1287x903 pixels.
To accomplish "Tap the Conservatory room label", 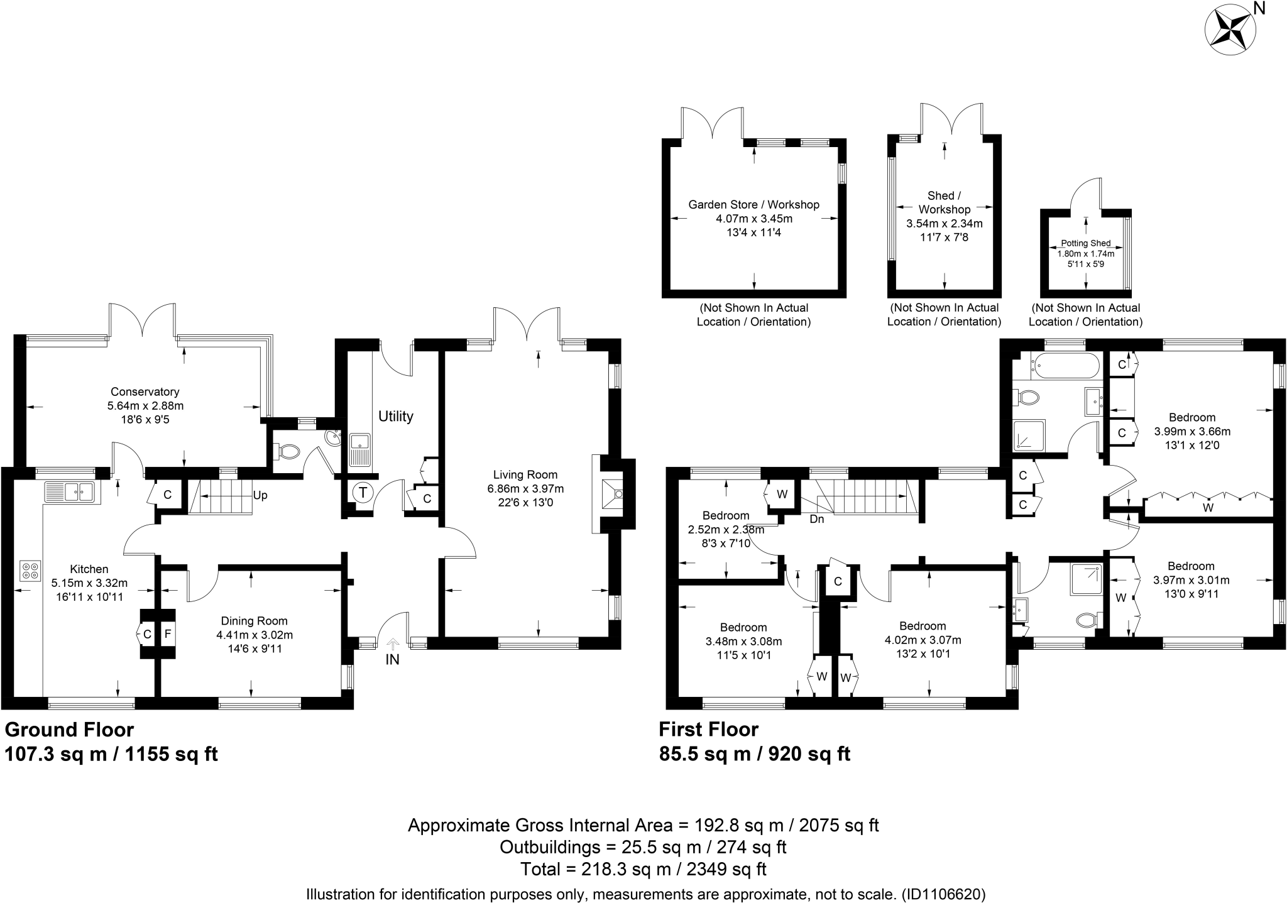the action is tap(145, 391).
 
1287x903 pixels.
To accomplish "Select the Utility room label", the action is tap(396, 416).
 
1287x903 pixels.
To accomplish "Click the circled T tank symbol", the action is tap(363, 493).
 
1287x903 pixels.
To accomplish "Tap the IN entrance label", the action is tap(393, 660).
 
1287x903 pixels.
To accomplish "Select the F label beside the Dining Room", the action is tap(167, 634).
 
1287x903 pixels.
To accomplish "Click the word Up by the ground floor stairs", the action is tap(260, 495).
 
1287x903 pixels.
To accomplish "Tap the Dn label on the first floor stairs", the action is tap(817, 519).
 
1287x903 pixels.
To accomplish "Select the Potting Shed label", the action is tap(1086, 243).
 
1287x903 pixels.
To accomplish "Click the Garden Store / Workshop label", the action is tap(754, 204).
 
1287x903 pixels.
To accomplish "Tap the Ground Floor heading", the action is tap(70, 730).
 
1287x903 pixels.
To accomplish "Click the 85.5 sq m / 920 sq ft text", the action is tap(755, 753).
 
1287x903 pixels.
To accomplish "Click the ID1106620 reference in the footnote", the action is tap(943, 894).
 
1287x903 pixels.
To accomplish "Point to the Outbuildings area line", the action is tap(643, 847).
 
